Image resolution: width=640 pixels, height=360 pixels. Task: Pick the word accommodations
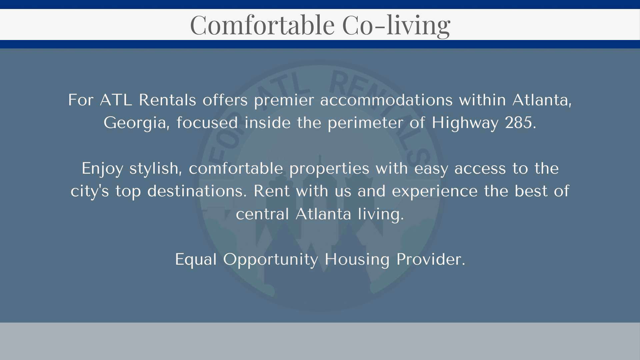pos(386,100)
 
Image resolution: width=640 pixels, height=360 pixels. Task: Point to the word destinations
pos(197,191)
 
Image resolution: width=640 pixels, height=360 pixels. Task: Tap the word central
pos(262,214)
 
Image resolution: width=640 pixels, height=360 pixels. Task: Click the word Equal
pos(196,260)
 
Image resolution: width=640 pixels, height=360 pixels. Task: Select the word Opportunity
pos(271,260)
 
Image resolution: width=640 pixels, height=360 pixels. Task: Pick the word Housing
pos(357,260)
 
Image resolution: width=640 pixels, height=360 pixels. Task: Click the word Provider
pos(431,259)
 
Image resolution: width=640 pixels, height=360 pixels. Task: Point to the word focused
pos(207,123)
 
